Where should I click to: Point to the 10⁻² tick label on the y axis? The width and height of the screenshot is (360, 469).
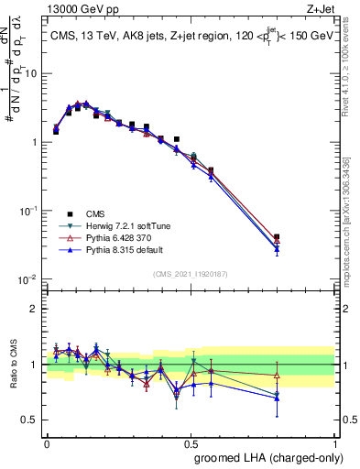click(x=30, y=278)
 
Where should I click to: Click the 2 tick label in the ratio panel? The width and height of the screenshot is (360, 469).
click(x=38, y=309)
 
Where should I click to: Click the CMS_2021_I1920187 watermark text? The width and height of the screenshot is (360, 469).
click(x=190, y=272)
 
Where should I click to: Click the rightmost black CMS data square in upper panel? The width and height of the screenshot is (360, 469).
click(x=277, y=238)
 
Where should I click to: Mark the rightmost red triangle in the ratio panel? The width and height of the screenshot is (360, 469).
click(x=277, y=376)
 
